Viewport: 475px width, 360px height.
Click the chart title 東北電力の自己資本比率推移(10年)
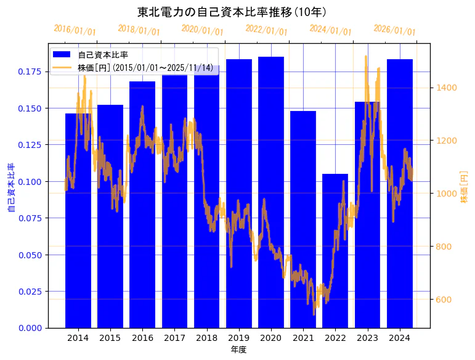coord(232,12)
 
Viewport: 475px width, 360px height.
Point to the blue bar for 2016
coord(142,204)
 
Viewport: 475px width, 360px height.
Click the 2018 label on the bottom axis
coord(206,338)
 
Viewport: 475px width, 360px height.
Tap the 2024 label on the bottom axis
coord(400,338)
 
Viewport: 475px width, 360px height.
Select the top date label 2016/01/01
coord(75,30)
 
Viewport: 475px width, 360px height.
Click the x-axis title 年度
coord(239,350)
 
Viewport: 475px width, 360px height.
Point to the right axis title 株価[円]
coord(465,187)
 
